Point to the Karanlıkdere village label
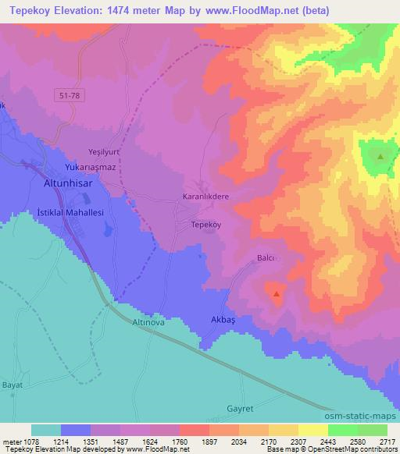205,197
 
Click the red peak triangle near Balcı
277,295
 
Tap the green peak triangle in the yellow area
380,157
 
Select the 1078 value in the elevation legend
31,441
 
